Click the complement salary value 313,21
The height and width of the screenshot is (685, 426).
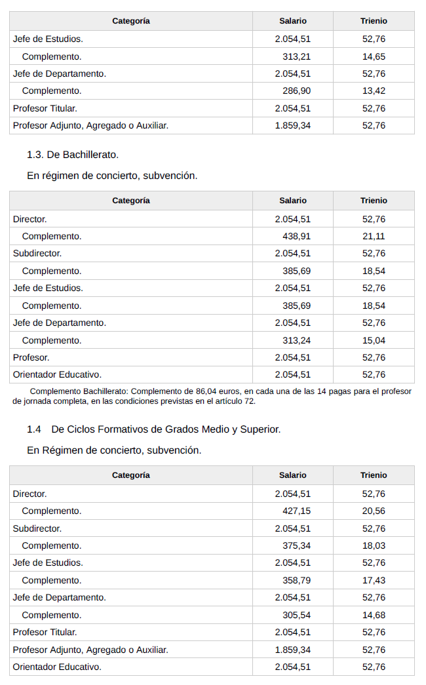point(296,56)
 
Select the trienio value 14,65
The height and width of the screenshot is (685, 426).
point(374,56)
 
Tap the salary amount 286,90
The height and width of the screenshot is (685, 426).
point(296,91)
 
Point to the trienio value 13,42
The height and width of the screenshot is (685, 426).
point(374,91)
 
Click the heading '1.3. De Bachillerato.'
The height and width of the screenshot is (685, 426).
point(72,155)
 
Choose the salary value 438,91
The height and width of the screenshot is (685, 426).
point(296,236)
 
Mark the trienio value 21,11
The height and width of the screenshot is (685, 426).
point(374,236)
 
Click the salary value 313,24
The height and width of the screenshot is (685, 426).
point(296,340)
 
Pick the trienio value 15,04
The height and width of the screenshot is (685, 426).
point(374,340)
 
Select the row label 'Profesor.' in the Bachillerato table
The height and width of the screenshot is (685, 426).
point(31,357)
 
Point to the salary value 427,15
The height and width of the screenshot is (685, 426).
point(296,511)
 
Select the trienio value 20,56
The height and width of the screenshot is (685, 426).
point(374,511)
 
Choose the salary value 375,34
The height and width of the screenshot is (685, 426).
point(296,545)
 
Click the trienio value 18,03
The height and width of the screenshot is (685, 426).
point(374,545)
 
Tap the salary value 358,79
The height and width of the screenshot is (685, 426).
point(296,580)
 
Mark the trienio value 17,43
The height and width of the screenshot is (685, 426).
point(374,580)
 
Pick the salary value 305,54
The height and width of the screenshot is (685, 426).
point(296,615)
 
